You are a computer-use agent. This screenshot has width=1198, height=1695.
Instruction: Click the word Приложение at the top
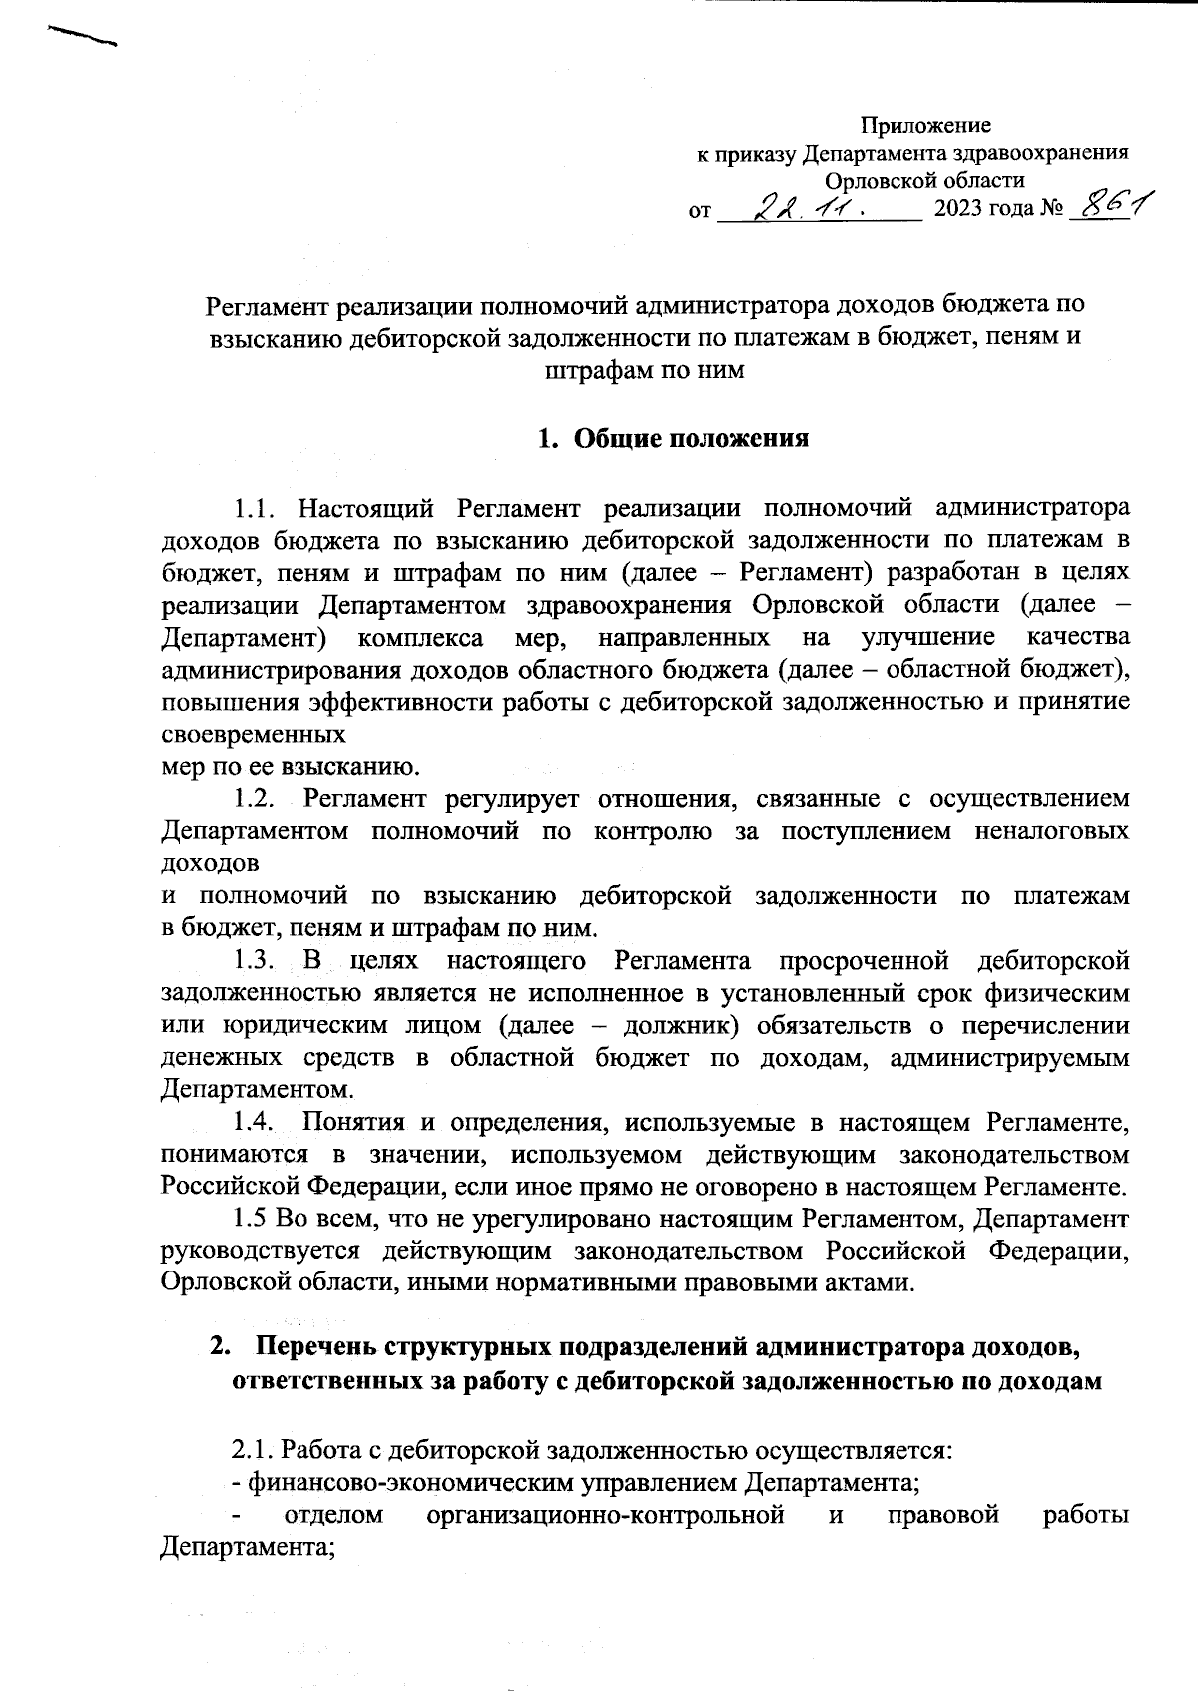pos(925,126)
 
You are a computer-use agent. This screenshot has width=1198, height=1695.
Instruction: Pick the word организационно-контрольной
pos(604,1515)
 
